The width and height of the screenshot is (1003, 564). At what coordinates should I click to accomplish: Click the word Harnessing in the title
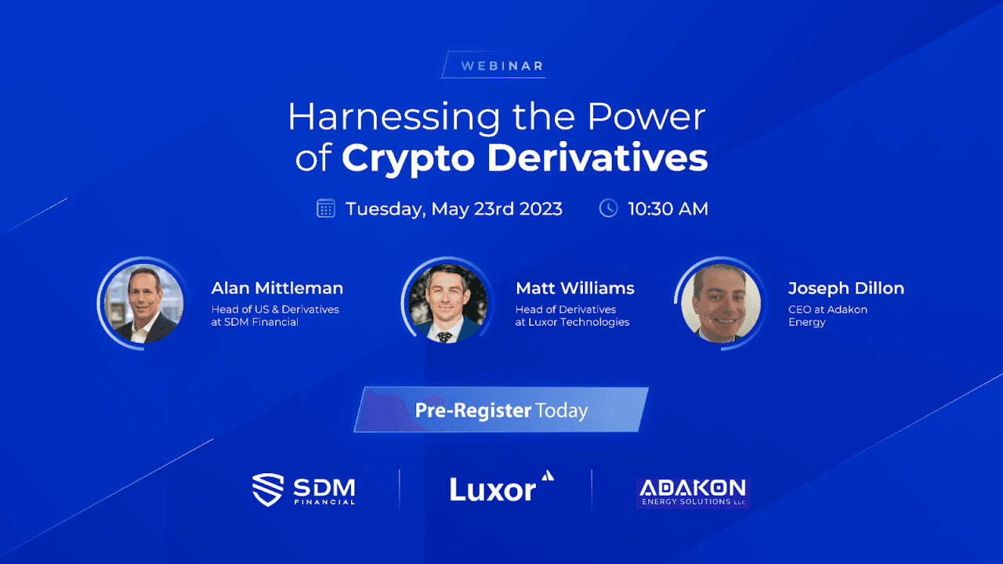click(393, 117)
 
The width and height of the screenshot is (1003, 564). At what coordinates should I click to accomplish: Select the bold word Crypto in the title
click(406, 157)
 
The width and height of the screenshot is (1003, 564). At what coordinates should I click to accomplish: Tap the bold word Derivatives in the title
click(597, 157)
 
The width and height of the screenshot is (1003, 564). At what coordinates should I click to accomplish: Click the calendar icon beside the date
click(326, 208)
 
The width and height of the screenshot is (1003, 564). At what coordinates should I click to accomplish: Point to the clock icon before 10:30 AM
click(608, 208)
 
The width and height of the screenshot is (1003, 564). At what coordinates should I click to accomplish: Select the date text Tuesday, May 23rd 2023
click(454, 209)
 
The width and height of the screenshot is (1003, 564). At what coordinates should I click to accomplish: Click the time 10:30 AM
click(668, 209)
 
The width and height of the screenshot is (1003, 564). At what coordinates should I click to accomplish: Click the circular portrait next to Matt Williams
click(447, 303)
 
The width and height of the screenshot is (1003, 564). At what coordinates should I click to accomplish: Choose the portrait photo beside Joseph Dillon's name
click(720, 303)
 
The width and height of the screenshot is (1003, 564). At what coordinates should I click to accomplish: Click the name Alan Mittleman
click(277, 288)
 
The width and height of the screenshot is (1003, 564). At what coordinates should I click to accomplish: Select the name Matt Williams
click(575, 288)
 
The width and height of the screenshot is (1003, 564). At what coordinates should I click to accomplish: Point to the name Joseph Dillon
click(846, 288)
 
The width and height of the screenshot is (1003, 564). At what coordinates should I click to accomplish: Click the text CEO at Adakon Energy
click(827, 316)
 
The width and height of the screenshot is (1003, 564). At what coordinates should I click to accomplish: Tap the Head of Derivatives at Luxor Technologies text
click(572, 316)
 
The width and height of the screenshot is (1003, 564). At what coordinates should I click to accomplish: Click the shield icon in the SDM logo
click(267, 490)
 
